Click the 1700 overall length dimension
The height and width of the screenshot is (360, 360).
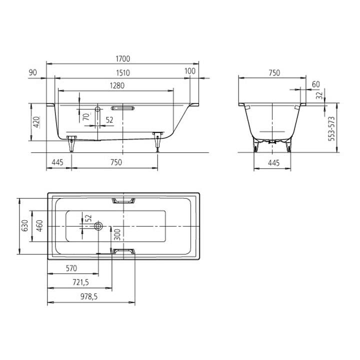[x=123, y=59]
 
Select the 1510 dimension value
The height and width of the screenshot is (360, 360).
[x=123, y=73]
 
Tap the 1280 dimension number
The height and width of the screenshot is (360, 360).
[x=117, y=85]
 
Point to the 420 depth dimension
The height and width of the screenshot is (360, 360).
[x=36, y=122]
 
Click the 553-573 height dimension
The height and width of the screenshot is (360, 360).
[x=331, y=129]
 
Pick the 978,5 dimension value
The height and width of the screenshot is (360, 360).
[x=89, y=296]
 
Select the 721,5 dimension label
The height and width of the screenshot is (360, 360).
[x=81, y=282]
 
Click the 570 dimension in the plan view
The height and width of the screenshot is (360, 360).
[x=71, y=268]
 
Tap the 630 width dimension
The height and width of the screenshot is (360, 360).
[x=24, y=225]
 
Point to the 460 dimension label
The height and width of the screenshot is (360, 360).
[x=39, y=225]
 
